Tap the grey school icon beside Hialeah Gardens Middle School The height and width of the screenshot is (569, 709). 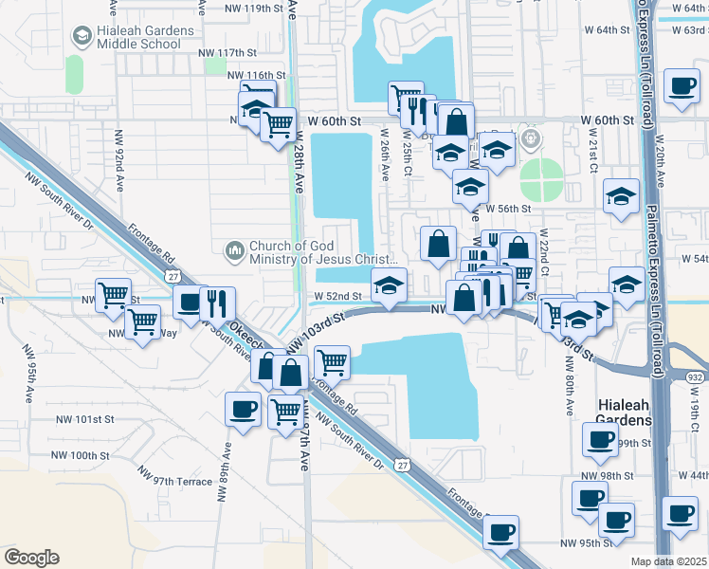(x=81, y=37)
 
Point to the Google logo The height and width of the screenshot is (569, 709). (x=31, y=558)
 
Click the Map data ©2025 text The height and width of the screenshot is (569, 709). (x=668, y=561)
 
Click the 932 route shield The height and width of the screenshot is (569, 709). (x=695, y=377)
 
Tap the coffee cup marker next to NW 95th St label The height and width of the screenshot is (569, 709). (x=500, y=533)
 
